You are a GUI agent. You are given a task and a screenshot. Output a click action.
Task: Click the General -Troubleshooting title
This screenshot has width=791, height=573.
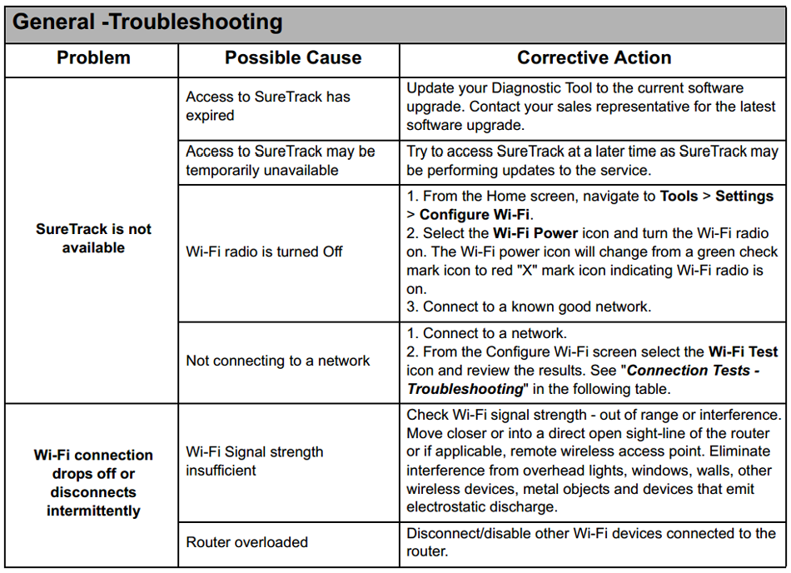(147, 22)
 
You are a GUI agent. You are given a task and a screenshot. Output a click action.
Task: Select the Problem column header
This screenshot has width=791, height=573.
(93, 58)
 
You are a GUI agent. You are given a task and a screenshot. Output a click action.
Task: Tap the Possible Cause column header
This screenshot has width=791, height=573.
(293, 58)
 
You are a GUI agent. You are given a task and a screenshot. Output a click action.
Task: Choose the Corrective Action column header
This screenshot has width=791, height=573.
(594, 58)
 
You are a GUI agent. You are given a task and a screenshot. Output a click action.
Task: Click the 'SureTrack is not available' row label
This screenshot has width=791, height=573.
(93, 238)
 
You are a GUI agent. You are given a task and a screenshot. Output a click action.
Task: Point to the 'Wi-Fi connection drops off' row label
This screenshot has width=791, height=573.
(93, 483)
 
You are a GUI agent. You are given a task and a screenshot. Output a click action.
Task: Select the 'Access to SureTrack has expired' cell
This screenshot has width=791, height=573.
(268, 106)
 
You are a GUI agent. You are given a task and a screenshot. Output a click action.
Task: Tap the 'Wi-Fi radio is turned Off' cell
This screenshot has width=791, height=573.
(264, 252)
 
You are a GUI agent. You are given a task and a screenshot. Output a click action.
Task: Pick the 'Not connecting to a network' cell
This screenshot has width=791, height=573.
(278, 361)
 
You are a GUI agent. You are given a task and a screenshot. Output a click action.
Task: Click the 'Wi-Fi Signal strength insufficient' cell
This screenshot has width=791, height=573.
(255, 461)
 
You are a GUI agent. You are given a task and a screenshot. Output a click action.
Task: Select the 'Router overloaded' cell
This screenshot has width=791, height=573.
(247, 542)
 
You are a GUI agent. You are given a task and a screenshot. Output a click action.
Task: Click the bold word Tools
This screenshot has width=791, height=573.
(679, 197)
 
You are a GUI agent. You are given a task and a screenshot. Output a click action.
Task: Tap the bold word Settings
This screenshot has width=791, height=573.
(744, 197)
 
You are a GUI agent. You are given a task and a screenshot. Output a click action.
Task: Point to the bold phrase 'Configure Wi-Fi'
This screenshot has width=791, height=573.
(475, 215)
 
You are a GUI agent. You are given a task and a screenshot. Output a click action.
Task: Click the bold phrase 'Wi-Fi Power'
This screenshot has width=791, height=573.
(534, 233)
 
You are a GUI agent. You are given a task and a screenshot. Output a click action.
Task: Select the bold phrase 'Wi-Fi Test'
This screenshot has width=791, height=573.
(743, 351)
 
